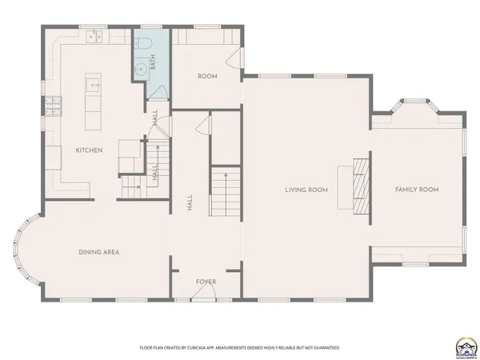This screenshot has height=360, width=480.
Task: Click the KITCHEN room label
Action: pyautogui.click(x=88, y=150)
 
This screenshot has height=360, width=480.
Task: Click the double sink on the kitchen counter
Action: pyautogui.click(x=95, y=36)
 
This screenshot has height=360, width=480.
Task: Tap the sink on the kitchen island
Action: pyautogui.click(x=91, y=82)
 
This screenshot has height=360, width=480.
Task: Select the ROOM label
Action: pyautogui.click(x=207, y=76)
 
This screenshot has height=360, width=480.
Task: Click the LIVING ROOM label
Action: pyautogui.click(x=307, y=190)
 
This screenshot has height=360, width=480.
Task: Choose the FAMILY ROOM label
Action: pyautogui.click(x=417, y=190)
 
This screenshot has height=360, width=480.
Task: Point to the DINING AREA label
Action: pyautogui.click(x=99, y=252)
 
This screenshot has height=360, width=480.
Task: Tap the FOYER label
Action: pyautogui.click(x=206, y=282)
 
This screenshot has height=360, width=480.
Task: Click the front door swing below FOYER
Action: pyautogui.click(x=206, y=293)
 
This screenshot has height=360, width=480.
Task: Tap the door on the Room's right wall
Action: pyautogui.click(x=234, y=58)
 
